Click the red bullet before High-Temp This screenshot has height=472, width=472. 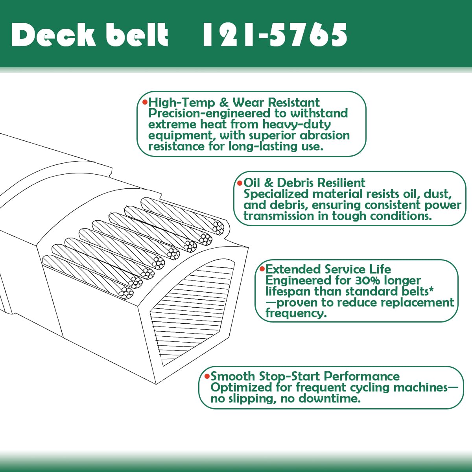145,102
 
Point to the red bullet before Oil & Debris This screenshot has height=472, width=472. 239,183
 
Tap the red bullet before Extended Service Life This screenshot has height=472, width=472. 261,269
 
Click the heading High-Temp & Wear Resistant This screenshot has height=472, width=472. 234,103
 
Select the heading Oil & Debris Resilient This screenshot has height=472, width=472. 304,183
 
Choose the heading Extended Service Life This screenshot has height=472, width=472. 328,269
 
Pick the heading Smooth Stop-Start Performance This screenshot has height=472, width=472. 305,376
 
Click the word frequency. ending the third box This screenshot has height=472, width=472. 296,313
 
